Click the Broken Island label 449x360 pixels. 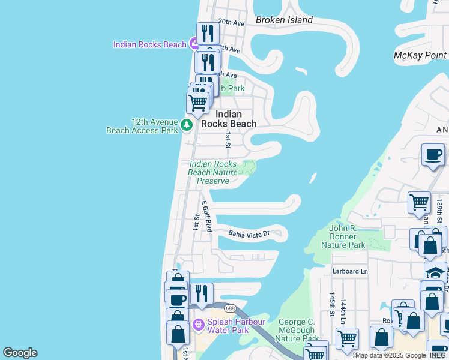coord(284,20)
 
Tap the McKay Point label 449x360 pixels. coord(420,56)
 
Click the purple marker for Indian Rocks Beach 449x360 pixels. coord(194,44)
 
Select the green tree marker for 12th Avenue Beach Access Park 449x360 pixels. coord(187,125)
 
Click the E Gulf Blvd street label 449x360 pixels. coord(206,217)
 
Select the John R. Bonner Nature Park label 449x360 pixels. coord(351,236)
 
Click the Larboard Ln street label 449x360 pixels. coord(350,272)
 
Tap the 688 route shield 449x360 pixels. coord(230,308)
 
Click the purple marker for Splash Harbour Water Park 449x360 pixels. coord(199,325)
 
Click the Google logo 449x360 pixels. coord(20,353)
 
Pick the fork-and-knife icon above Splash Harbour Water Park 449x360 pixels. coord(202,293)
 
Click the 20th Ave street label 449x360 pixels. coord(231,22)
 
